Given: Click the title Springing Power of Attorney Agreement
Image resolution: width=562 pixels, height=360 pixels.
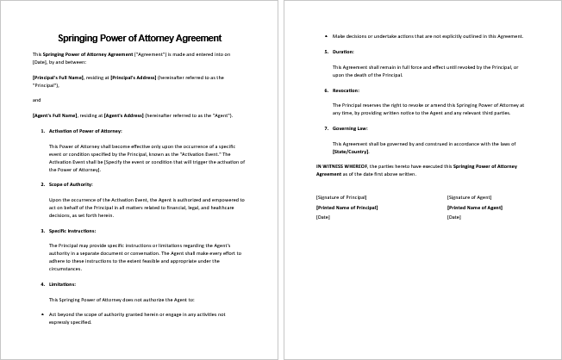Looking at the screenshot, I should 139,38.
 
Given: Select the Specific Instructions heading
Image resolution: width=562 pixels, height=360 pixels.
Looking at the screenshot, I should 73,231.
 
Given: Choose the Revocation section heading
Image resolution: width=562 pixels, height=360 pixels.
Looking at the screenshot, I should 347,90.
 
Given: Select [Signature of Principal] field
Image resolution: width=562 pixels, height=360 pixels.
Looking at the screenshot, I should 342,198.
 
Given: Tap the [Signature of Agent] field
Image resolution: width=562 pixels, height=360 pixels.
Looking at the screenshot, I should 471,198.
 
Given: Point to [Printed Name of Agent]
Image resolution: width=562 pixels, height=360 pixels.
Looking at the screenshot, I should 475,208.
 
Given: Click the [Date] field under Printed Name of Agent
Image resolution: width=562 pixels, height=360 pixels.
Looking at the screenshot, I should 453,217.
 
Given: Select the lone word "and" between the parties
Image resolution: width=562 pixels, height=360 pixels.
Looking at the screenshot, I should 36,100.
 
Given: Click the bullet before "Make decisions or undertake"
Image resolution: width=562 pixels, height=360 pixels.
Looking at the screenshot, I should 326,36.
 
